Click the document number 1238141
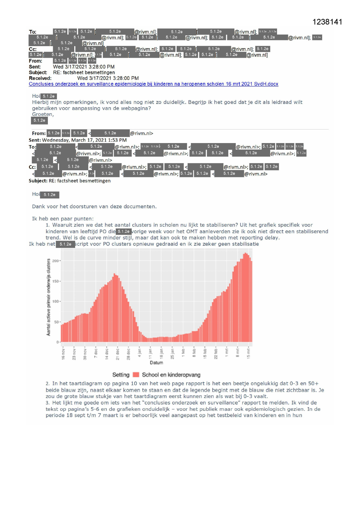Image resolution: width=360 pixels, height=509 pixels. pyautogui.click(x=327, y=22)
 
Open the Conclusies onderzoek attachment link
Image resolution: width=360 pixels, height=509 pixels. pyautogui.click(x=153, y=84)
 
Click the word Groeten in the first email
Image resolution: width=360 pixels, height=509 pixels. pyautogui.click(x=42, y=114)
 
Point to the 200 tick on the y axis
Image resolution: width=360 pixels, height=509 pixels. pyautogui.click(x=55, y=261)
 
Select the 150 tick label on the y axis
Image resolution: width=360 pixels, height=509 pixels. pyautogui.click(x=55, y=281)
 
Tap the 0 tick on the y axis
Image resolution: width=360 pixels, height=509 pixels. pyautogui.click(x=57, y=342)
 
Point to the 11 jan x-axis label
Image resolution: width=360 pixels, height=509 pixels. pyautogui.click(x=150, y=353)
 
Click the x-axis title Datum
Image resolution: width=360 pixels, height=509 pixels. pyautogui.click(x=156, y=363)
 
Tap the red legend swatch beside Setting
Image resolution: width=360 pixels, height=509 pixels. pyautogui.click(x=136, y=375)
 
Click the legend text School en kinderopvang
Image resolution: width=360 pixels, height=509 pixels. pyautogui.click(x=171, y=375)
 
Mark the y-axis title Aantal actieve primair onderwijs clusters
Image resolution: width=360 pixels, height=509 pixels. pyautogui.click(x=48, y=297)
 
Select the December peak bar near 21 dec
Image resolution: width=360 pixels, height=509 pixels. pyautogui.click(x=115, y=308)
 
